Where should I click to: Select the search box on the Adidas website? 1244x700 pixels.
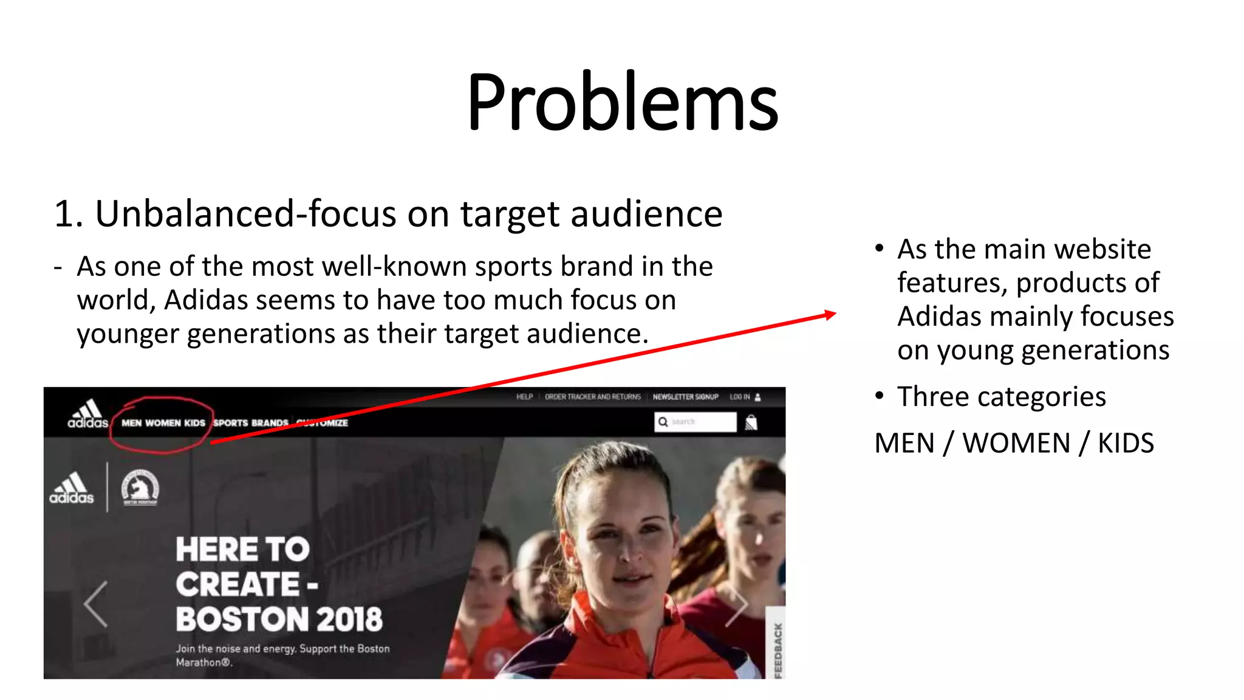[x=695, y=422]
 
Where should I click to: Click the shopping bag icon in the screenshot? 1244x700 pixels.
[x=751, y=422]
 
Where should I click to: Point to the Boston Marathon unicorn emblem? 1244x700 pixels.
[x=140, y=487]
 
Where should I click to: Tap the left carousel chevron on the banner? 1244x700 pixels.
[x=96, y=604]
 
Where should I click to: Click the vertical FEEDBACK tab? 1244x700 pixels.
[x=778, y=650]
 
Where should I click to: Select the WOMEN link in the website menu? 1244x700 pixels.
[x=163, y=423]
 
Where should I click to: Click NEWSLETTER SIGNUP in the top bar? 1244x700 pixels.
[x=685, y=397]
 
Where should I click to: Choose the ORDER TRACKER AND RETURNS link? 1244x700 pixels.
[x=592, y=397]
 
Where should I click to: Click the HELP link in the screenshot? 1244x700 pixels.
[x=524, y=397]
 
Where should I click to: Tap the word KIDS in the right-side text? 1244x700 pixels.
[x=1126, y=443]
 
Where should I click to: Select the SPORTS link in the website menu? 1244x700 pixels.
[x=230, y=423]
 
